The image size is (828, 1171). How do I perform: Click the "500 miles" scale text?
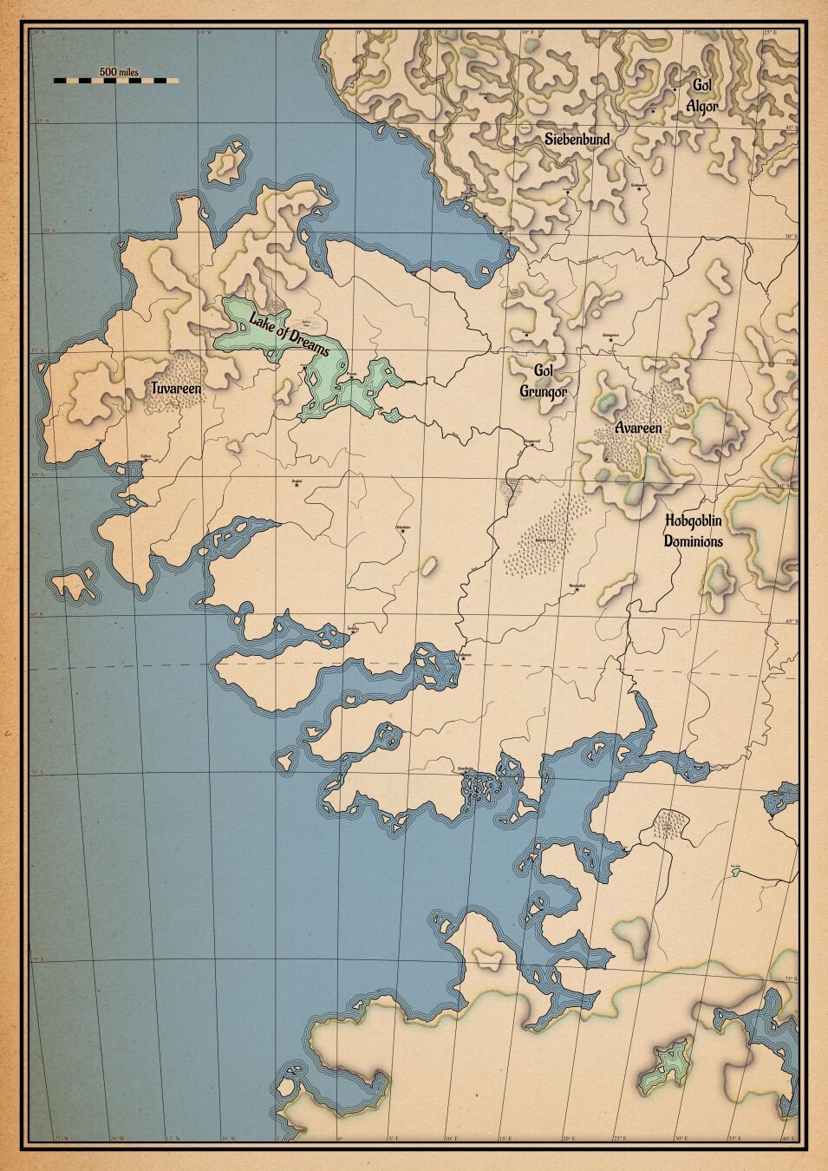(x=119, y=71)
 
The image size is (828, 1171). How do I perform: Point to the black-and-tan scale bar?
(x=115, y=81)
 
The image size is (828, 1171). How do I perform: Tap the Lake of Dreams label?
(x=290, y=334)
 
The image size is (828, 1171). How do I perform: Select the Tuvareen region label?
(x=177, y=389)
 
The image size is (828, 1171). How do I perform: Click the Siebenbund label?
(x=577, y=139)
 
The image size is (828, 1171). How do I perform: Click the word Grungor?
(x=544, y=392)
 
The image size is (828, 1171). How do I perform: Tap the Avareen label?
(x=639, y=428)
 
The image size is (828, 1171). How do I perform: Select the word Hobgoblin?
(x=693, y=521)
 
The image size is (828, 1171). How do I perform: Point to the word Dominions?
(x=693, y=540)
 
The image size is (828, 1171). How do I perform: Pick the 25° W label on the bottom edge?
(x=61, y=1138)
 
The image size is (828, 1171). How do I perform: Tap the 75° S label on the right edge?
(x=791, y=978)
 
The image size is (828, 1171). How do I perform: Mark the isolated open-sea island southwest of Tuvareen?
(x=75, y=584)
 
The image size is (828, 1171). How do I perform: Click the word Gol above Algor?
(x=701, y=85)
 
